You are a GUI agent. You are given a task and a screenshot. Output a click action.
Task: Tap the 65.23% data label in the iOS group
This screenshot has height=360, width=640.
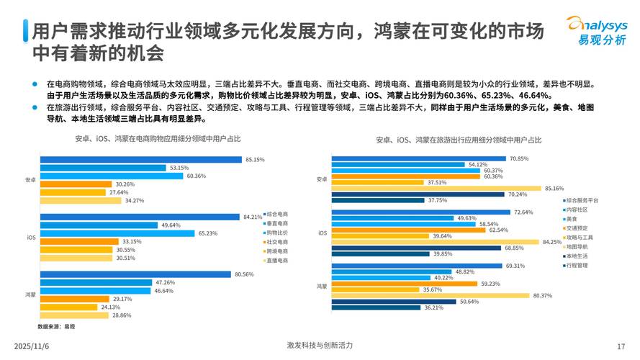[207, 233]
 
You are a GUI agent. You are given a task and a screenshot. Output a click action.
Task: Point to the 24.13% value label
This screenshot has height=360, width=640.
[109, 307]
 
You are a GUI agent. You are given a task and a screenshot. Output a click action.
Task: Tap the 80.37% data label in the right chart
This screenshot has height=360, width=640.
[541, 295]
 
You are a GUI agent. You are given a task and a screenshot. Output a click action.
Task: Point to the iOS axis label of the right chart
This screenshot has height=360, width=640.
[322, 233]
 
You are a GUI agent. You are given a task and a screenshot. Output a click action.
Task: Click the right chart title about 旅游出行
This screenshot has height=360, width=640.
[459, 140]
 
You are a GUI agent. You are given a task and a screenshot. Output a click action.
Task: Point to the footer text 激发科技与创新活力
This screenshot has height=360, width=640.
[319, 345]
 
